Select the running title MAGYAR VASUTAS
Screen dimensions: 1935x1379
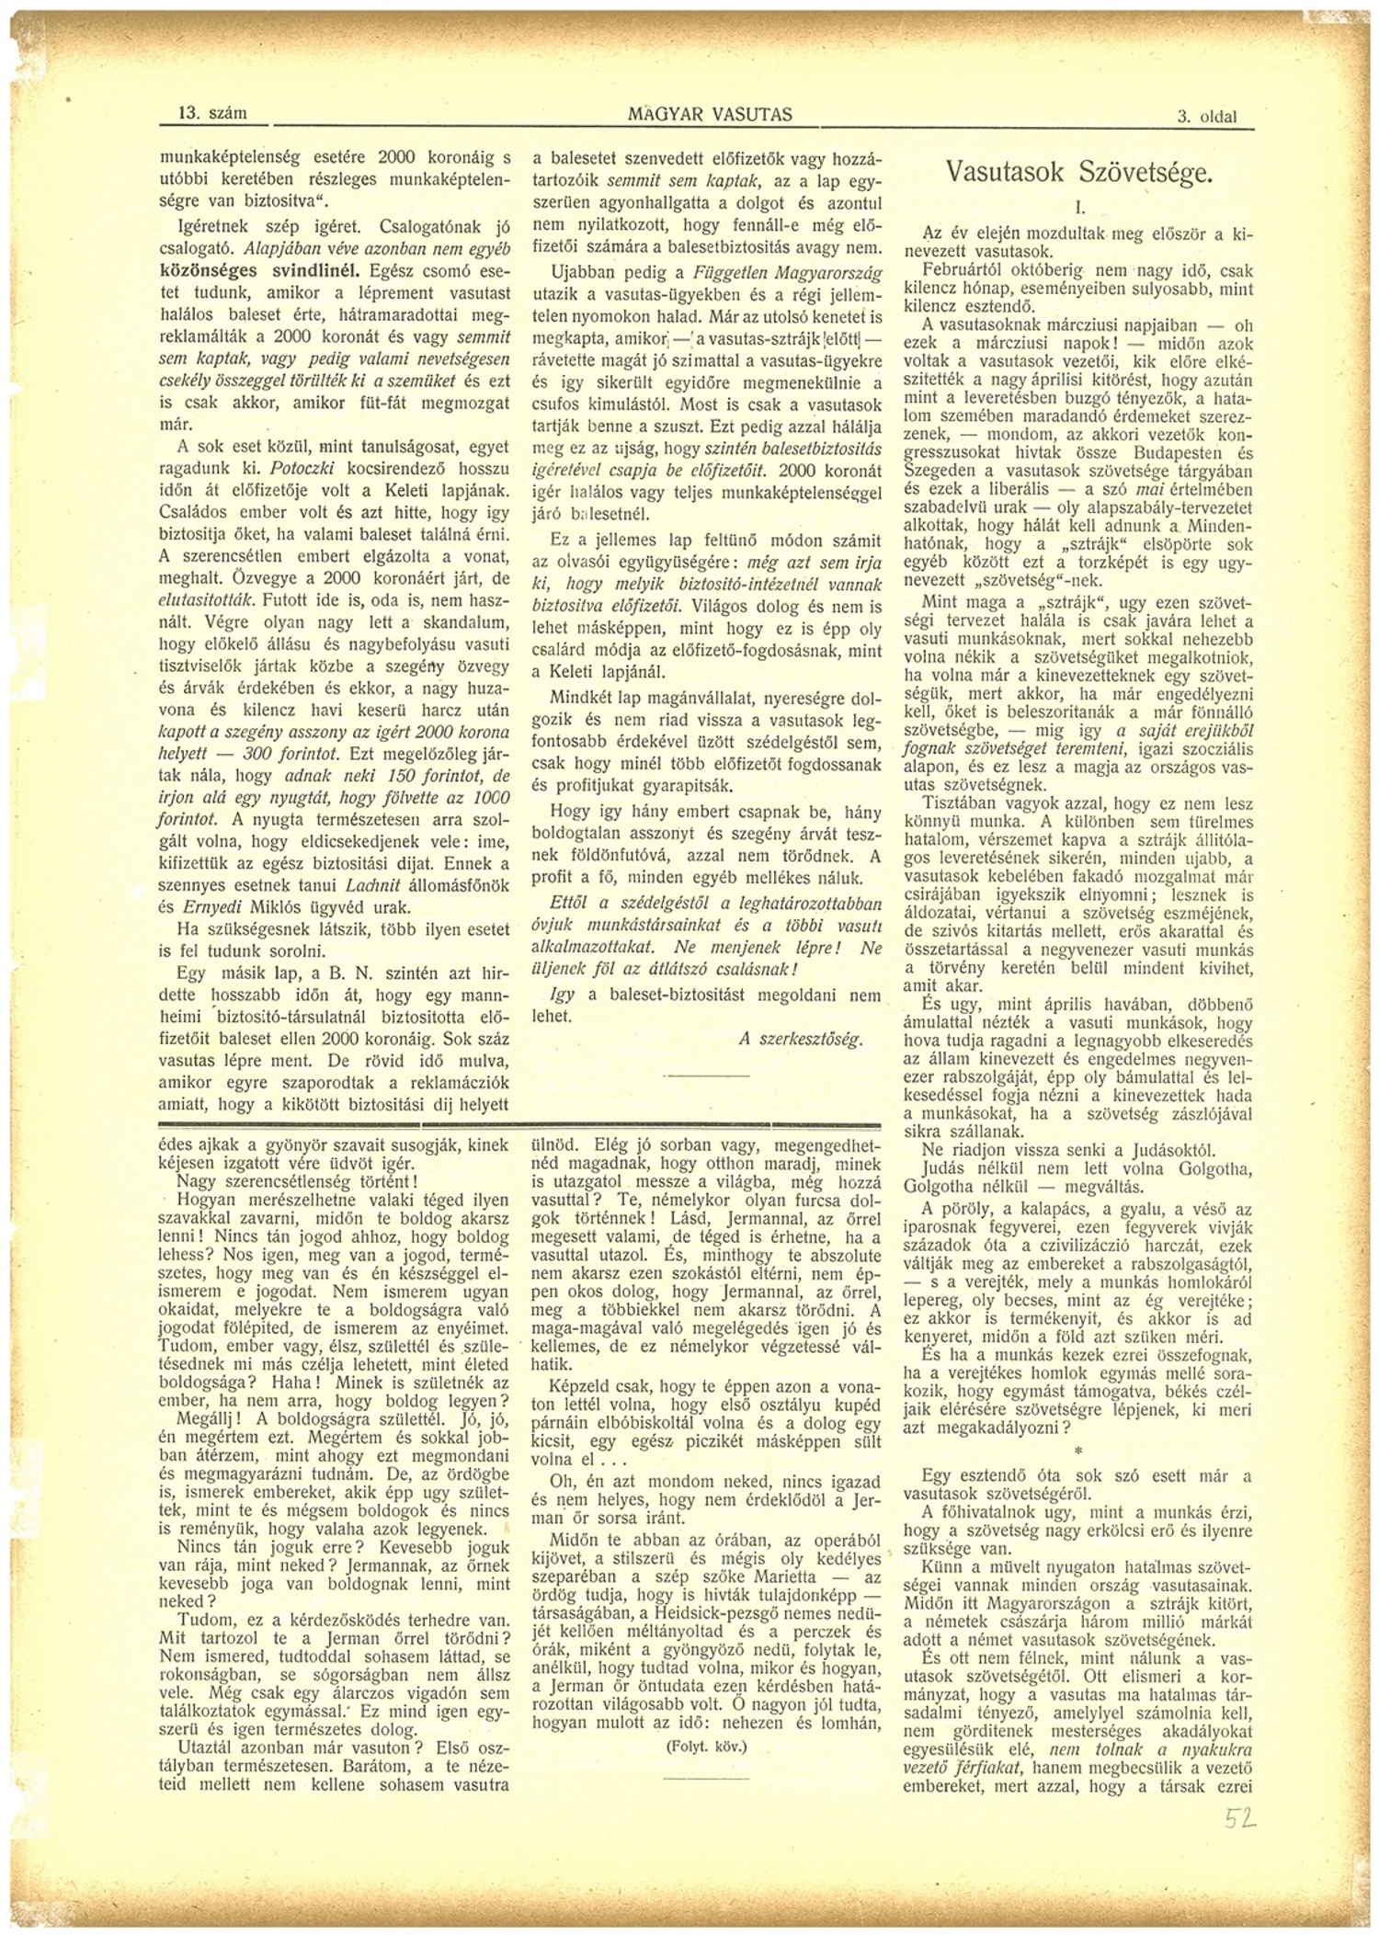click(x=710, y=114)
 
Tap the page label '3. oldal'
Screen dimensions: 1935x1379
click(x=1206, y=117)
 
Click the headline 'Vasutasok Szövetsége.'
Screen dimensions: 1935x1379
click(x=1080, y=172)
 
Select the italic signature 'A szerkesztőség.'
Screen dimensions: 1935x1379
click(x=800, y=1040)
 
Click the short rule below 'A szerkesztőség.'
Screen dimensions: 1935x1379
click(x=694, y=1075)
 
